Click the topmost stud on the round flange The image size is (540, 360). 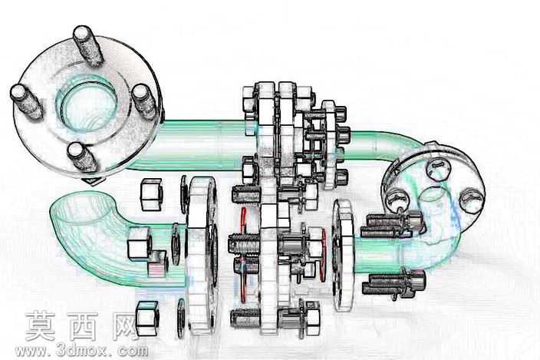(87, 45)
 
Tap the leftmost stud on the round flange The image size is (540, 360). (26, 101)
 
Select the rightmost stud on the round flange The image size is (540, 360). (145, 101)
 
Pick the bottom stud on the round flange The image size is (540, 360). (81, 157)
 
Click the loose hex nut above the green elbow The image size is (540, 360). (151, 194)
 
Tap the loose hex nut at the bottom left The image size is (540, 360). (147, 318)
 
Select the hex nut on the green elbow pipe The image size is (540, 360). (139, 243)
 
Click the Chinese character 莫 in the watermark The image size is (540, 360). (41, 326)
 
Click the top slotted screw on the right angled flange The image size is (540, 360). (438, 168)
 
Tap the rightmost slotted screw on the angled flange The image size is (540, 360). (472, 200)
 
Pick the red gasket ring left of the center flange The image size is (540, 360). (244, 255)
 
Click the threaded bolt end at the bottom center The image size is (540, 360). (245, 318)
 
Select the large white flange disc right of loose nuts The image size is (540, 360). (202, 256)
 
